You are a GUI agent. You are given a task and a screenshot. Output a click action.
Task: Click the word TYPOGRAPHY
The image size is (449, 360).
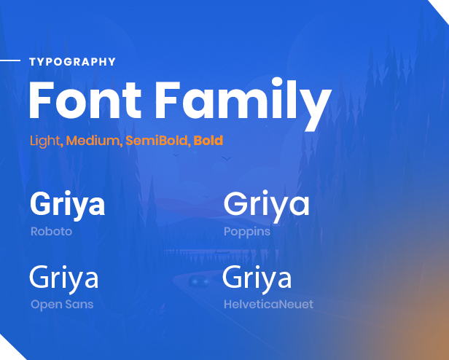72,62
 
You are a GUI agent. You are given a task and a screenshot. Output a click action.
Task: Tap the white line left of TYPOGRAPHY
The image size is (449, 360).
10,60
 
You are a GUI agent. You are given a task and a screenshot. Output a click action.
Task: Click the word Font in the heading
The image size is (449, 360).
85,100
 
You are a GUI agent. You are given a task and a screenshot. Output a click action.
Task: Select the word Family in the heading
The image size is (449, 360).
243,103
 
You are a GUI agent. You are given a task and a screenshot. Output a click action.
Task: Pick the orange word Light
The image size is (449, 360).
44,141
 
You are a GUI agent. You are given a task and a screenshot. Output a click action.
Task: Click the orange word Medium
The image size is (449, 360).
92,141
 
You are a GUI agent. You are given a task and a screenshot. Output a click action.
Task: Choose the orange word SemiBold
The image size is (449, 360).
156,141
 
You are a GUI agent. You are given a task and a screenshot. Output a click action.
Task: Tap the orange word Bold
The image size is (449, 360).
208,141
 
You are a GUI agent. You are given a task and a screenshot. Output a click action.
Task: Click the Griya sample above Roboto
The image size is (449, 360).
68,205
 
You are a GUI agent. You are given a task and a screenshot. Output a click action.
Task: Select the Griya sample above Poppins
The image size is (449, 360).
267,206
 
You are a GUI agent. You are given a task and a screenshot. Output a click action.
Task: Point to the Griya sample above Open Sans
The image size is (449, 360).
64,278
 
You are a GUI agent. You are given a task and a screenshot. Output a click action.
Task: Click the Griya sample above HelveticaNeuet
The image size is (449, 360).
257,278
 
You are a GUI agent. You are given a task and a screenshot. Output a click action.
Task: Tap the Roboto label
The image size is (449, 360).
51,232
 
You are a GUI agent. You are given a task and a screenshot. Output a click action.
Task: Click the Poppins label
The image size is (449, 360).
247,232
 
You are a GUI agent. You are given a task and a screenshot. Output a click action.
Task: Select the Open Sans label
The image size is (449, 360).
62,305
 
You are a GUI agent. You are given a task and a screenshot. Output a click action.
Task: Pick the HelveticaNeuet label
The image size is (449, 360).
268,304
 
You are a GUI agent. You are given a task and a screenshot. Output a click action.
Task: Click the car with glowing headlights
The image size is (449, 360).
199,281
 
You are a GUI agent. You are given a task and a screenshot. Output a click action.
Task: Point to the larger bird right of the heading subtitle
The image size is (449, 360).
227,158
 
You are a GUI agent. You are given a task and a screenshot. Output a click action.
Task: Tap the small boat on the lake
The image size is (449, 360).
222,251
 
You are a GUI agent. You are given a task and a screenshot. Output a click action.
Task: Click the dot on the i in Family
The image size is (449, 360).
277,82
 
